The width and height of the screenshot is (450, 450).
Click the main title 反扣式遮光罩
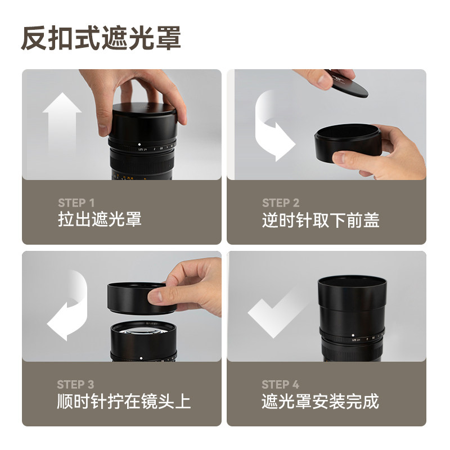tap(101, 38)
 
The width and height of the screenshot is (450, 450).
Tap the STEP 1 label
tap(76, 203)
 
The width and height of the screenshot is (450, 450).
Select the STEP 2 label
tap(280, 203)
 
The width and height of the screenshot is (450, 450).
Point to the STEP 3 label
tap(75, 384)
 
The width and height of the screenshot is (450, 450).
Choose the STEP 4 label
tap(280, 384)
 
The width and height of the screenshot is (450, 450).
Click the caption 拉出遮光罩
tap(100, 219)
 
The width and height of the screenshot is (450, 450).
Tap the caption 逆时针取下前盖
tap(321, 220)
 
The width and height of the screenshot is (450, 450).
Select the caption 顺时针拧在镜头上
tap(124, 401)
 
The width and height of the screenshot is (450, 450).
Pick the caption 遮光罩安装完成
tap(320, 401)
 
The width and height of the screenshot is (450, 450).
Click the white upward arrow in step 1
tap(62, 126)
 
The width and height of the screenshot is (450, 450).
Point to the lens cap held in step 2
tap(348, 85)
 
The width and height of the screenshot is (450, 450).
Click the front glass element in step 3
tap(143, 330)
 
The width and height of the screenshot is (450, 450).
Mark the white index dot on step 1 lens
tap(139, 145)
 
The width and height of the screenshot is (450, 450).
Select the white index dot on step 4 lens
tap(353, 335)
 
